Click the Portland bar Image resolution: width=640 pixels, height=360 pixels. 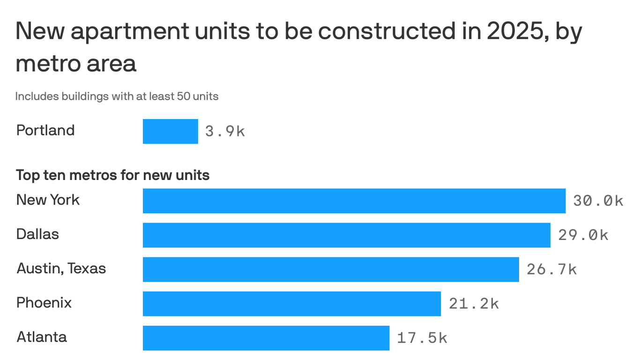(170, 131)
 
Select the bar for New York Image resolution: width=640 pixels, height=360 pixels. (354, 201)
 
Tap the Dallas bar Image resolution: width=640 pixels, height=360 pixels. (346, 235)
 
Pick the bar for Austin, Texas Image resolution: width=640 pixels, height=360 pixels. (331, 269)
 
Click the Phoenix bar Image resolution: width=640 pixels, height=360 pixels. (291, 303)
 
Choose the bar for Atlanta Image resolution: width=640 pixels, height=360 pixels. (266, 337)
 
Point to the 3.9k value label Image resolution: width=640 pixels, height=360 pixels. (225, 131)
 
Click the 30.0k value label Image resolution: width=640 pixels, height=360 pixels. (598, 201)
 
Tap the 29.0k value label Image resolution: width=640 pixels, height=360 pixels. (583, 235)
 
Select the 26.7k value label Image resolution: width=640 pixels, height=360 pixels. (551, 270)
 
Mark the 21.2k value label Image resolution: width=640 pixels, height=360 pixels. (474, 304)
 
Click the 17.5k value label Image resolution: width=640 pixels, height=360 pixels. (422, 338)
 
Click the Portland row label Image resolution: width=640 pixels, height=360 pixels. (45, 130)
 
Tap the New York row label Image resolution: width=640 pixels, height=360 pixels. (48, 200)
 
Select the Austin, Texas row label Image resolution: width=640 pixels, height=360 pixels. (61, 269)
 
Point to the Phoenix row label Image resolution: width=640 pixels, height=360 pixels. (44, 303)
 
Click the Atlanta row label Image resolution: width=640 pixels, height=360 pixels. (42, 337)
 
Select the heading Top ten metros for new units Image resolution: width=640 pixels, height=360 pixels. (113, 175)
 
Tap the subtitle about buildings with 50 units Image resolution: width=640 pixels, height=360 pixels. (117, 97)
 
